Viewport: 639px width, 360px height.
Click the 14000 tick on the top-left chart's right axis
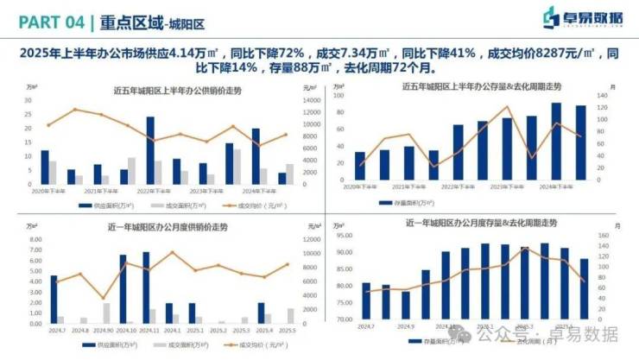click(x=312, y=101)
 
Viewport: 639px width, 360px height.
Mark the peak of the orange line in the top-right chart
click(x=508, y=106)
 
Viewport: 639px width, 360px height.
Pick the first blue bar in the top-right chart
click(x=359, y=165)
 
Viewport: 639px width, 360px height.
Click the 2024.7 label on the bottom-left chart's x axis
click(x=58, y=330)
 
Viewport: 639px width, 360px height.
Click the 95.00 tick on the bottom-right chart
click(x=344, y=235)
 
